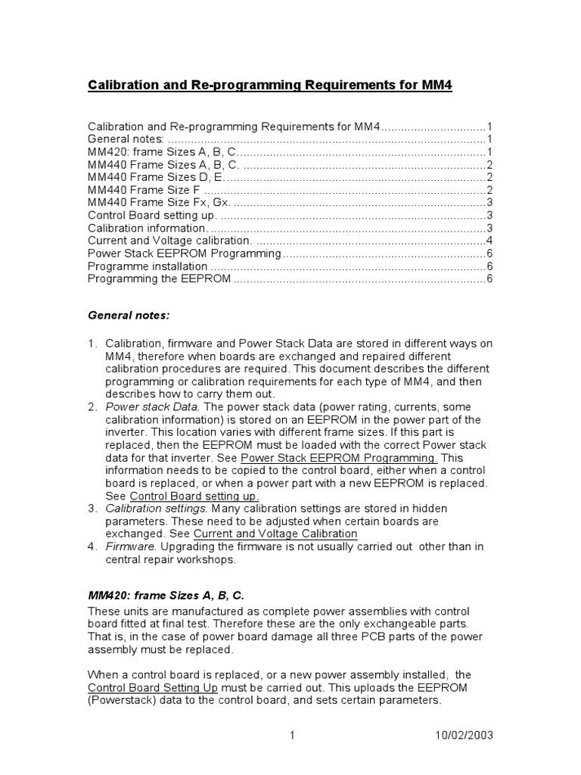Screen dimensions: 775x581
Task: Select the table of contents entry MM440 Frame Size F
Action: [x=144, y=190]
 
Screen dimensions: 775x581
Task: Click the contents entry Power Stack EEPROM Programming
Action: [x=185, y=254]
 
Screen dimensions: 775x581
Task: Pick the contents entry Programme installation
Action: [x=148, y=266]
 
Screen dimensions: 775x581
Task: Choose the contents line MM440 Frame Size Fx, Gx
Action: [x=160, y=203]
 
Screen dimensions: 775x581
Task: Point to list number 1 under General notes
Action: [x=92, y=344]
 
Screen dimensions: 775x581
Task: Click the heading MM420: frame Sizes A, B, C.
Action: [x=166, y=596]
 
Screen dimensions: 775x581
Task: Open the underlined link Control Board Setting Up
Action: [x=154, y=687]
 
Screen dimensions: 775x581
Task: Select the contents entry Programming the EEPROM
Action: [x=159, y=279]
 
